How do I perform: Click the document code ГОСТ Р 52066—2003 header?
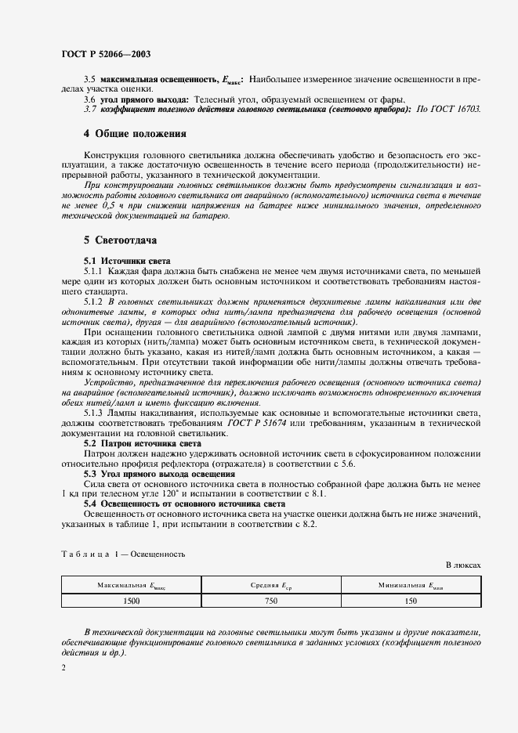coord(106,54)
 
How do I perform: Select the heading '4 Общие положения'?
coord(135,134)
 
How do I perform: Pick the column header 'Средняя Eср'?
coord(270,585)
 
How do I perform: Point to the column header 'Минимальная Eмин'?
coord(411,585)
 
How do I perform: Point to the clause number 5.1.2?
coord(93,301)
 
